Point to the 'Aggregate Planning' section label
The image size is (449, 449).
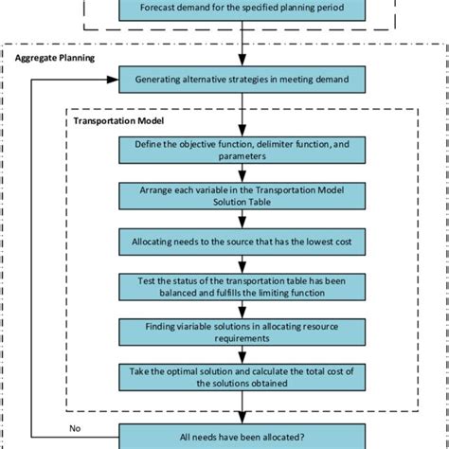(x=55, y=57)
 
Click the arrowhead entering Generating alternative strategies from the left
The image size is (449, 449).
(x=114, y=80)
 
